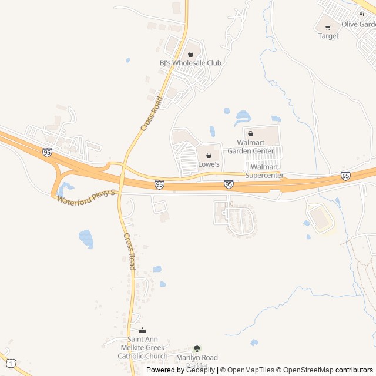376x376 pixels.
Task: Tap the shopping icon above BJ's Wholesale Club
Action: click(x=190, y=55)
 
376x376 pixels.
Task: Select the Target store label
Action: click(x=328, y=36)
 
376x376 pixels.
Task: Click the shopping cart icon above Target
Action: click(x=328, y=27)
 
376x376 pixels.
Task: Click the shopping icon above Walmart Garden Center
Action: click(x=250, y=134)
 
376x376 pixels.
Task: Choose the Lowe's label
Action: click(x=209, y=164)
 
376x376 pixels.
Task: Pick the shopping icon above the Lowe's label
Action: click(x=209, y=156)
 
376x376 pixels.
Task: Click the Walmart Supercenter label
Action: click(x=264, y=171)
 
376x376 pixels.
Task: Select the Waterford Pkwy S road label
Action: click(x=88, y=196)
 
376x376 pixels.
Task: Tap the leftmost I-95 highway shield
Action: click(x=47, y=152)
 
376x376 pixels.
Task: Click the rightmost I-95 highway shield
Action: click(x=345, y=176)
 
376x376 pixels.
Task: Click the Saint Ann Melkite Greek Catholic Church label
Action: click(x=143, y=347)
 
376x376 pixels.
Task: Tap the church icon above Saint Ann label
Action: click(x=142, y=331)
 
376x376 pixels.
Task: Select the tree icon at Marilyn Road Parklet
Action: click(x=197, y=348)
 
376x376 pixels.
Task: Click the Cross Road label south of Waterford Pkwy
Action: click(x=130, y=251)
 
